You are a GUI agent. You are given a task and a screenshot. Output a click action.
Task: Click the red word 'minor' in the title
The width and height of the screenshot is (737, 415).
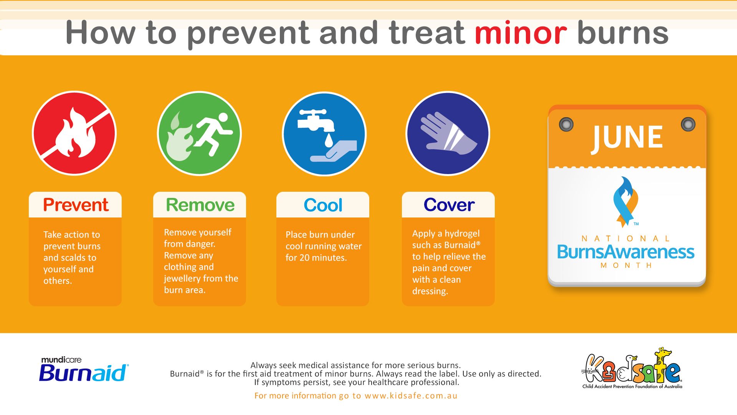pyautogui.click(x=521, y=33)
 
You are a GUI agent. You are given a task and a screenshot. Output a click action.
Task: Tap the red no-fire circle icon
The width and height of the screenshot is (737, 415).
pyautogui.click(x=74, y=133)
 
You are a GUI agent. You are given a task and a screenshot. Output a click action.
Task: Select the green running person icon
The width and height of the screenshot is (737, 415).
pyautogui.click(x=199, y=133)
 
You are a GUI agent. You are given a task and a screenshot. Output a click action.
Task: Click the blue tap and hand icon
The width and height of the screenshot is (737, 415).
pyautogui.click(x=324, y=134)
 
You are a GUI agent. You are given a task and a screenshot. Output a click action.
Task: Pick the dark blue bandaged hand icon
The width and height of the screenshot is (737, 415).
pyautogui.click(x=448, y=133)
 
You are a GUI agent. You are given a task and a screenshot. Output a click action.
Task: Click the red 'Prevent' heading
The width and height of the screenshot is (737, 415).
pyautogui.click(x=76, y=205)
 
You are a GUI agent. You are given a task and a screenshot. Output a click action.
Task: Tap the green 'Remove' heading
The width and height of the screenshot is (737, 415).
pyautogui.click(x=200, y=205)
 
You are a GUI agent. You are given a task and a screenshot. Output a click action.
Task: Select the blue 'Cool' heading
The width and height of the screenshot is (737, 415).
pyautogui.click(x=323, y=205)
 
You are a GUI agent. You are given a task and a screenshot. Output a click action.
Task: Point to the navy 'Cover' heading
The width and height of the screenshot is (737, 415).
pyautogui.click(x=449, y=205)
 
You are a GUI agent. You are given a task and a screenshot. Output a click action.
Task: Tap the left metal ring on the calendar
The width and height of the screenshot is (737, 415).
pyautogui.click(x=566, y=124)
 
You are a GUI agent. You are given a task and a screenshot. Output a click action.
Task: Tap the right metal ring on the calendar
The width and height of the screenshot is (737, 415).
pyautogui.click(x=688, y=124)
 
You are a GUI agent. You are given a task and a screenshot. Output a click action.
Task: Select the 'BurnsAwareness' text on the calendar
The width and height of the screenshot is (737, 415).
pyautogui.click(x=626, y=252)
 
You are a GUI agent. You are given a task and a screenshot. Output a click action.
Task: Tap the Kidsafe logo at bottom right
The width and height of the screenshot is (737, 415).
pyautogui.click(x=632, y=368)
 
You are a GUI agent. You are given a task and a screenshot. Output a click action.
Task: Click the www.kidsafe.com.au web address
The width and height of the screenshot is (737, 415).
pyautogui.click(x=411, y=396)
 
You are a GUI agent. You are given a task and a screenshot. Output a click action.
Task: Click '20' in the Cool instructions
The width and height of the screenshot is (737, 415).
pyautogui.click(x=304, y=258)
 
